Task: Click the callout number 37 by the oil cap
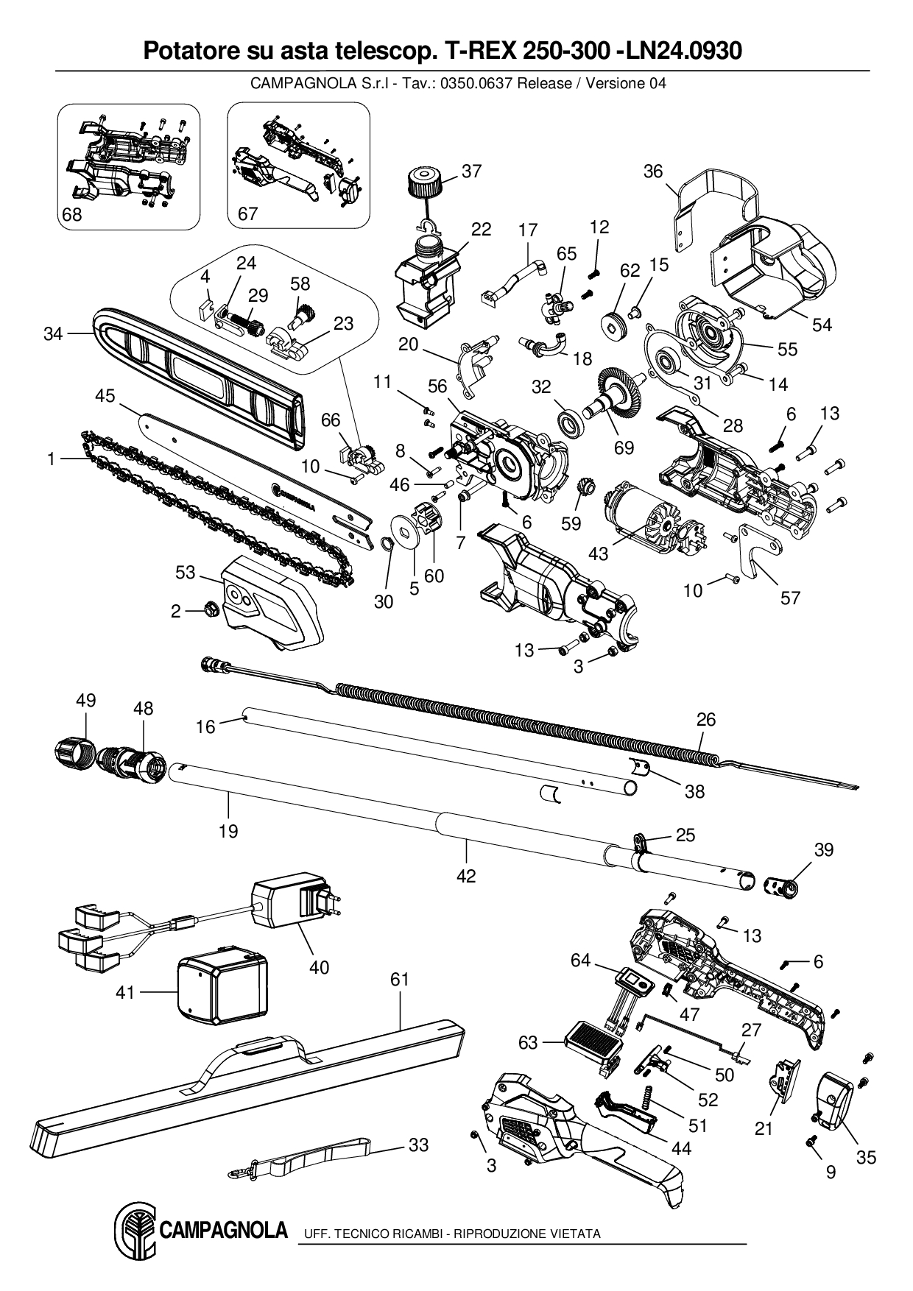471,171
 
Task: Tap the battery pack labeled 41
221,988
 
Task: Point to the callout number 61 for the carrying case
400,980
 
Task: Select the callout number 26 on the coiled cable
705,719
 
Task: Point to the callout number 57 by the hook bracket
790,598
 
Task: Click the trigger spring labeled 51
649,1095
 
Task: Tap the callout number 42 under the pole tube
466,876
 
